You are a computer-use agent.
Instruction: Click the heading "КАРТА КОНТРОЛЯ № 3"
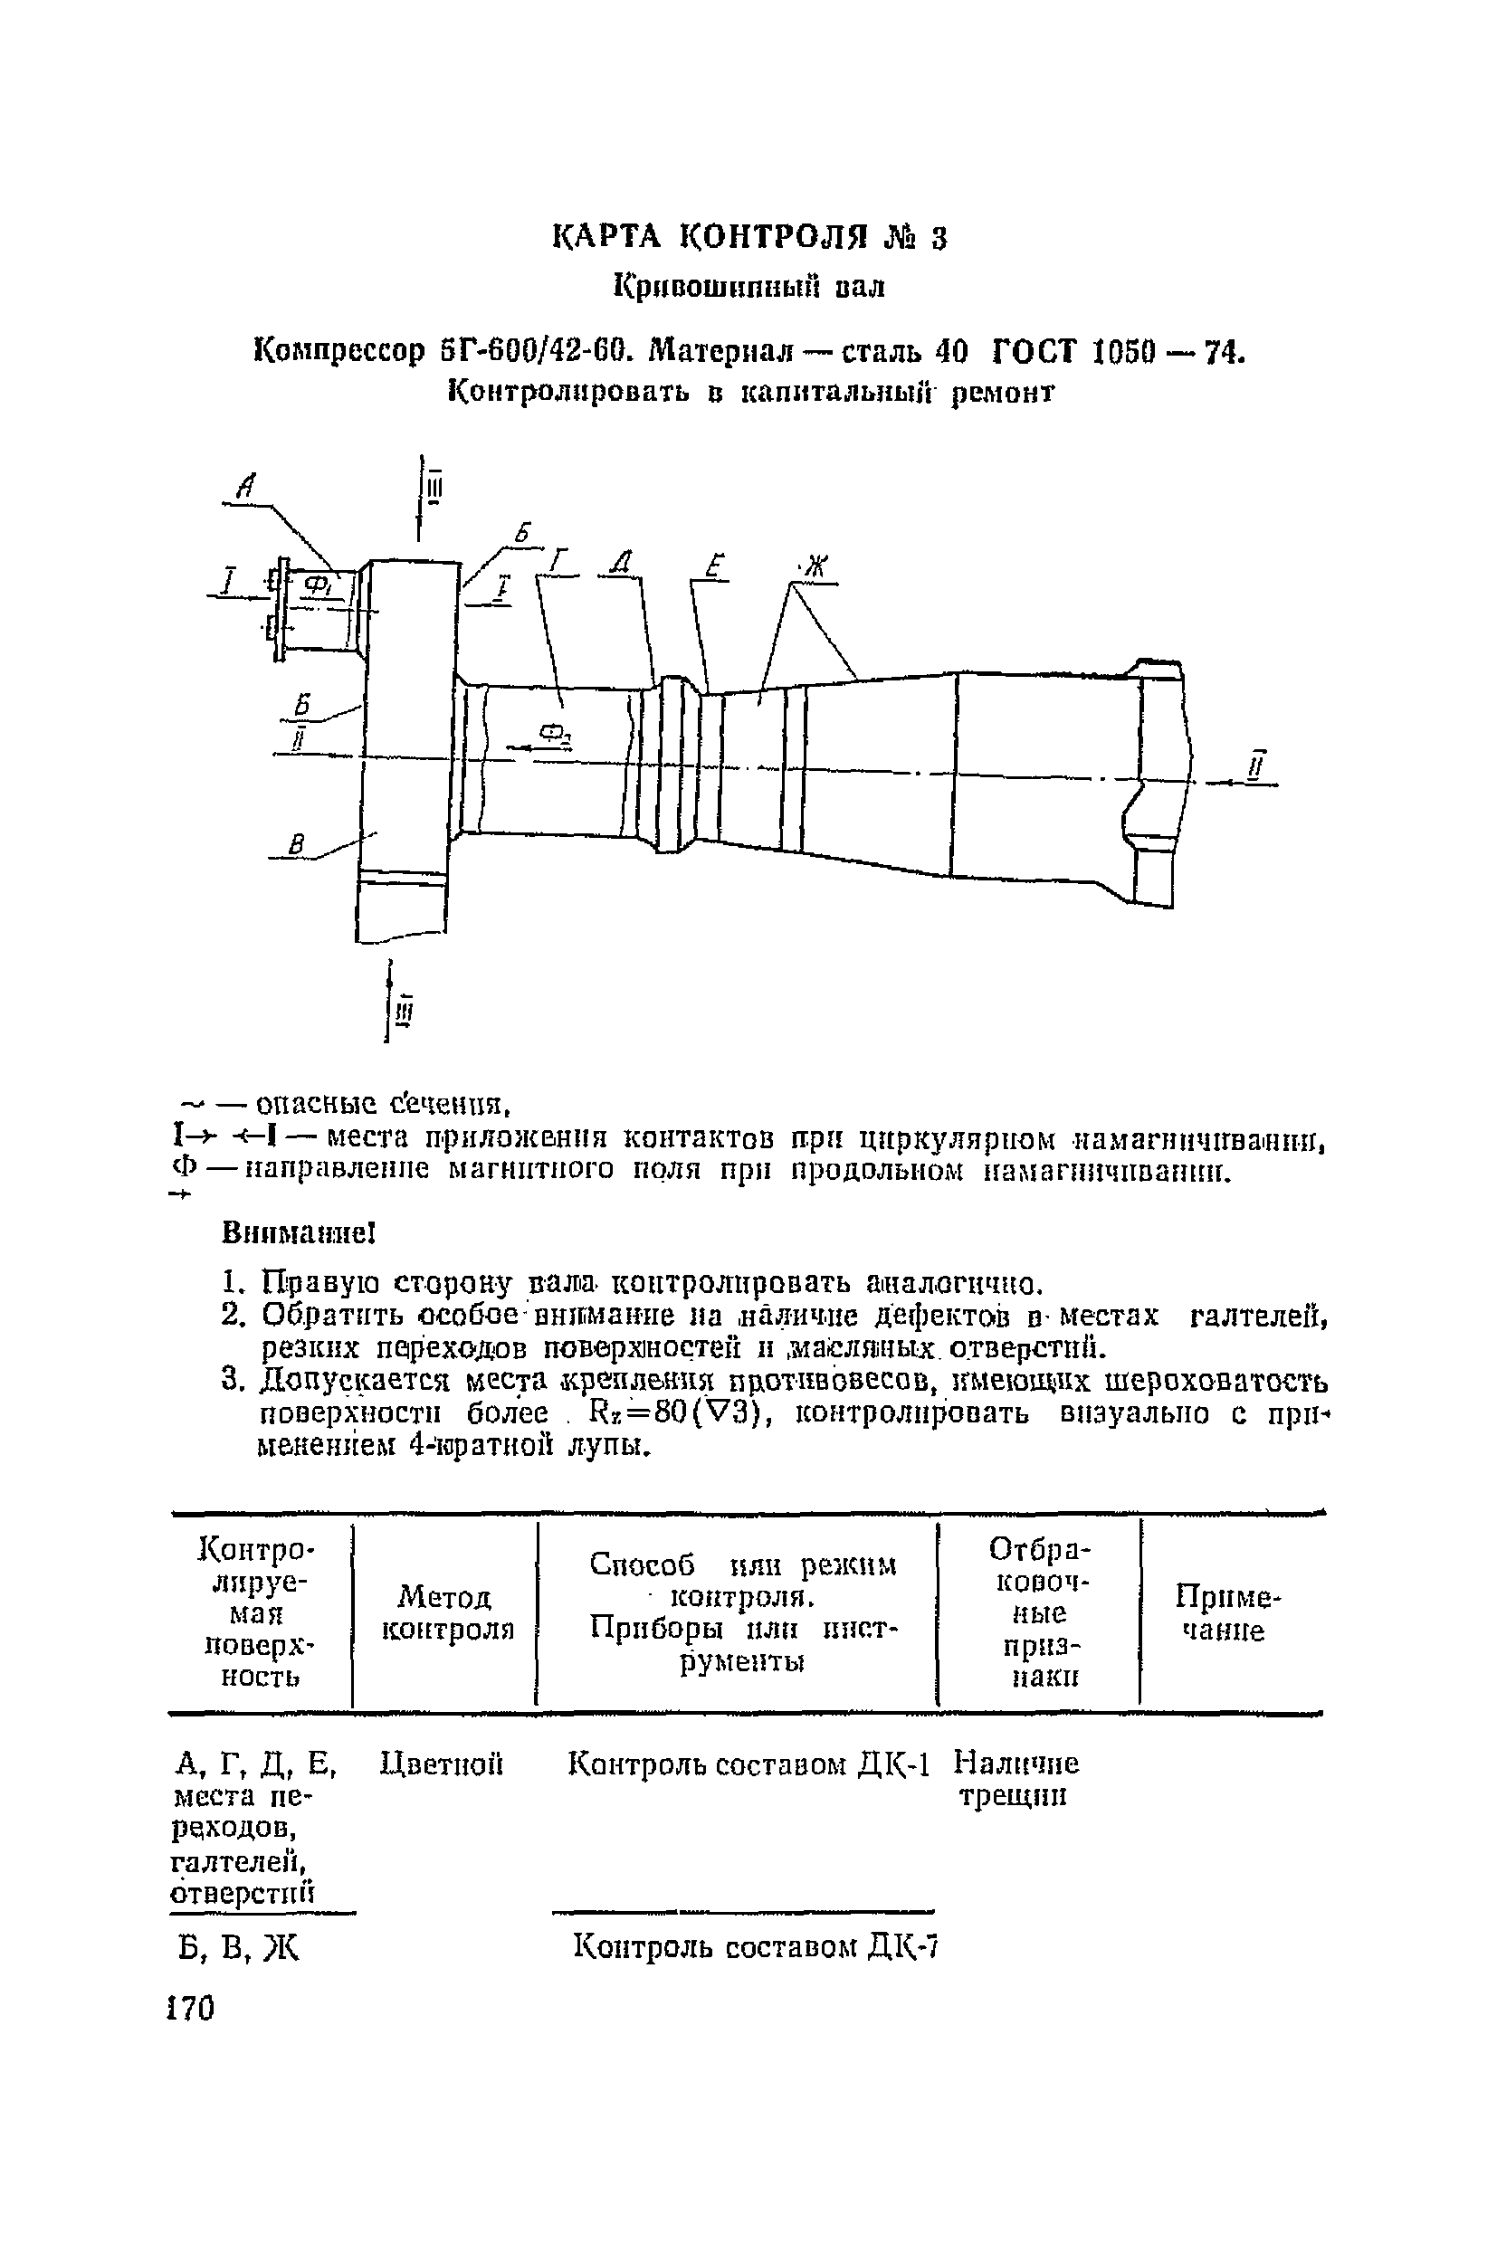(749, 237)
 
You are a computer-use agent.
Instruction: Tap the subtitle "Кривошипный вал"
(749, 286)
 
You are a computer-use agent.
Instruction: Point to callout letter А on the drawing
(246, 488)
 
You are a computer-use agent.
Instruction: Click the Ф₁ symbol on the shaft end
(316, 584)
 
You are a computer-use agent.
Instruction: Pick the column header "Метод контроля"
(447, 1612)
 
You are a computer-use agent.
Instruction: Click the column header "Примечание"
(1225, 1612)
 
